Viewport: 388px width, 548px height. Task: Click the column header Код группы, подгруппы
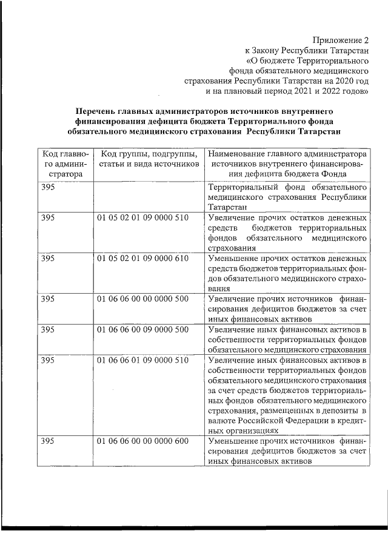pyautogui.click(x=148, y=159)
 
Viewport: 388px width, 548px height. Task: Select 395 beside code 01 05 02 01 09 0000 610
pyautogui.click(x=47, y=258)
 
